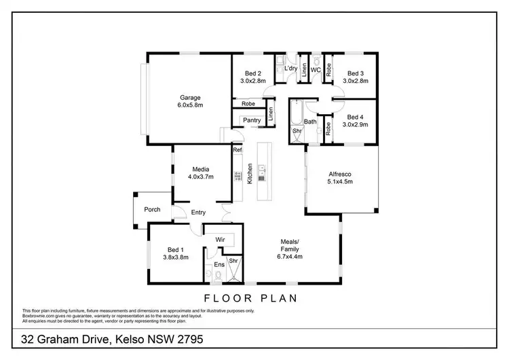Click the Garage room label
point(190,97)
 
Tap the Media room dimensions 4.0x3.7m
point(200,177)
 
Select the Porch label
point(153,209)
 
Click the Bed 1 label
point(175,249)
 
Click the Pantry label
point(251,120)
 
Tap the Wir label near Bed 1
point(220,240)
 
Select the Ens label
point(219,264)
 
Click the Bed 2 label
point(253,73)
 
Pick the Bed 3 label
point(355,73)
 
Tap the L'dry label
point(290,69)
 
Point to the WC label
point(316,69)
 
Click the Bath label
point(310,122)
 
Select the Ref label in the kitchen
point(237,149)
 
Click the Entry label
point(198,213)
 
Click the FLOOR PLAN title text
point(250,298)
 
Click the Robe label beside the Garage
point(248,104)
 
